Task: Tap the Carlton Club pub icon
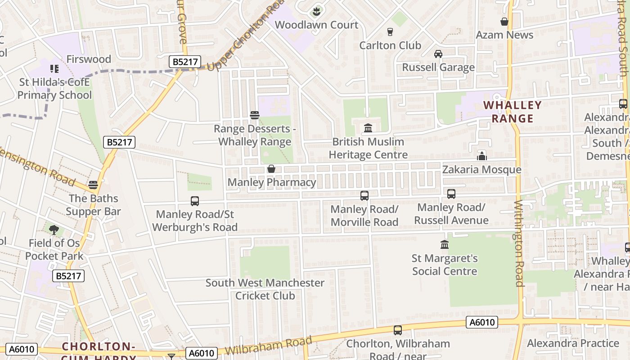click(x=390, y=31)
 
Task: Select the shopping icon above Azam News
click(x=504, y=22)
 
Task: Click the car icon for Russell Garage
click(x=438, y=54)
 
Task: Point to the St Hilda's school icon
click(x=54, y=69)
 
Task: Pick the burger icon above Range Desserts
click(x=254, y=115)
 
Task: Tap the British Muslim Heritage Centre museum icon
click(x=368, y=128)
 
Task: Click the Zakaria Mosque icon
click(x=482, y=156)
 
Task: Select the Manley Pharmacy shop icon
click(x=271, y=169)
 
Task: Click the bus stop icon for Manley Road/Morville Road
click(x=364, y=196)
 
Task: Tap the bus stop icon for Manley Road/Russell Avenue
click(x=451, y=194)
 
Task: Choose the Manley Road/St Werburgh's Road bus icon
click(x=195, y=201)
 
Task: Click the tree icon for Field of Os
click(x=54, y=230)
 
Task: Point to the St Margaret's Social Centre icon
click(x=445, y=245)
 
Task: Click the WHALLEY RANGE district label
click(x=513, y=112)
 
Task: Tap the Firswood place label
click(x=89, y=59)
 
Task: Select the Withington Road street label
click(x=519, y=243)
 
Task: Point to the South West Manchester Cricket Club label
click(x=265, y=289)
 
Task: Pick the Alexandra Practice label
click(x=573, y=343)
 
